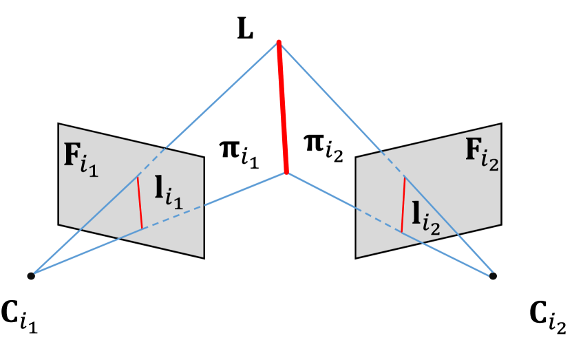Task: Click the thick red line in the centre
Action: pos(282,107)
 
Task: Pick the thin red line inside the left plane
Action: pos(140,202)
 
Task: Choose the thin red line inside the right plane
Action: pos(403,204)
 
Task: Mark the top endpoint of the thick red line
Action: pos(279,42)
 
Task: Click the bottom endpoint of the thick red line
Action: pos(286,172)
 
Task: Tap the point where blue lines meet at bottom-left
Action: pos(31,275)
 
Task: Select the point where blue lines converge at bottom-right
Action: pos(492,275)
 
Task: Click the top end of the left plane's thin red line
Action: pos(138,177)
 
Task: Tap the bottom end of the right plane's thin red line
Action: pos(402,233)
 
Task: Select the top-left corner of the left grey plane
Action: pos(59,125)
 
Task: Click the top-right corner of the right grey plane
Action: pos(500,125)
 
